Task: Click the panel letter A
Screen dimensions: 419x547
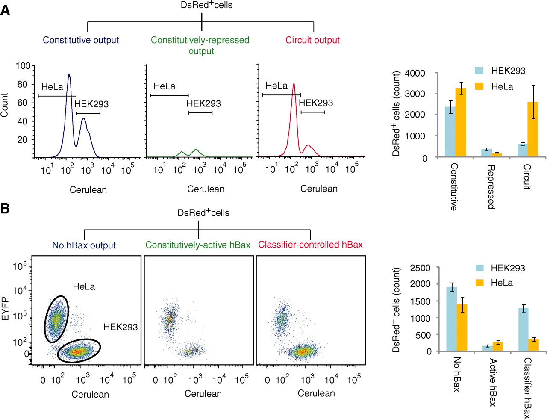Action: tap(5, 10)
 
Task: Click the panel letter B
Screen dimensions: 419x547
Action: tap(5, 209)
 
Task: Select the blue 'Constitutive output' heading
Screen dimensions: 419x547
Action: tap(81, 40)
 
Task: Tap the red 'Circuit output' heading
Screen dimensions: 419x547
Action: tap(312, 40)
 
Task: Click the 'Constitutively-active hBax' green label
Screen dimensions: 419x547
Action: tap(198, 245)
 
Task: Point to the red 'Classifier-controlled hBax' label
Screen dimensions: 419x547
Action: tap(310, 245)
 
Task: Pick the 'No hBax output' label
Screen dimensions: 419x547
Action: tap(84, 245)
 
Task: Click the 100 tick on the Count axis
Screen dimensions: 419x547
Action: tap(23, 66)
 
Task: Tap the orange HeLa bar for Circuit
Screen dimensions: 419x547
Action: tap(533, 129)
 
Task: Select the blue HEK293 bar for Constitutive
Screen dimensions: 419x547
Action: tap(450, 132)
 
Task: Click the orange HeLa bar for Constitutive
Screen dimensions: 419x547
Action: tap(460, 122)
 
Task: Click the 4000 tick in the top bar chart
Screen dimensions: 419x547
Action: tap(415, 73)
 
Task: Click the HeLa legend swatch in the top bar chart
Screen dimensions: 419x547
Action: tap(479, 86)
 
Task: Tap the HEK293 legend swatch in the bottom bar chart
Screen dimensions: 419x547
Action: tap(479, 268)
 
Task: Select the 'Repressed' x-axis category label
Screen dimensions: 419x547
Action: tap(491, 187)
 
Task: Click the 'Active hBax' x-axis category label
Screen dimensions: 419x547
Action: tap(492, 382)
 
